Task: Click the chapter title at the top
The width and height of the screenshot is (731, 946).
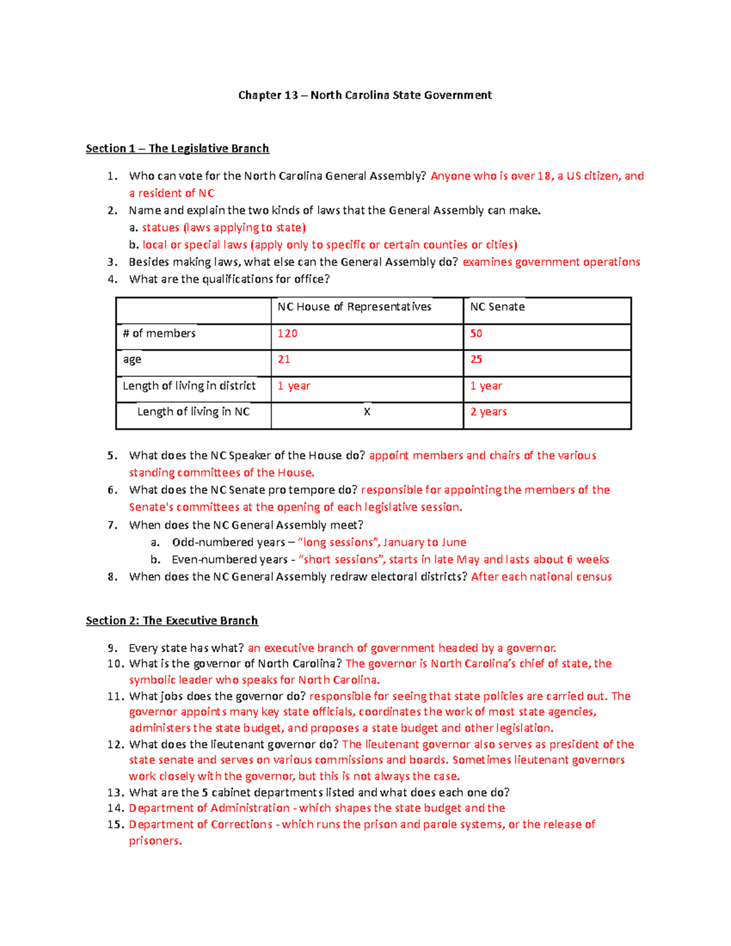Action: pyautogui.click(x=365, y=95)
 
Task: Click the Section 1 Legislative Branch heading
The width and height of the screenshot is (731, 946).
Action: pyautogui.click(x=177, y=149)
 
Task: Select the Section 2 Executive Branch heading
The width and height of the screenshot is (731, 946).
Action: pyautogui.click(x=172, y=621)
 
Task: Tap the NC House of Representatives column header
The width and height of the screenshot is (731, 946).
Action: pyautogui.click(x=354, y=307)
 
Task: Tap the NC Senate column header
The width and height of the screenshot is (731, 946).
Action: pyautogui.click(x=497, y=307)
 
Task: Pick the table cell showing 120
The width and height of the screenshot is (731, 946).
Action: pyautogui.click(x=288, y=334)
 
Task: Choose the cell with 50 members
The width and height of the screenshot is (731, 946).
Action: pyautogui.click(x=476, y=334)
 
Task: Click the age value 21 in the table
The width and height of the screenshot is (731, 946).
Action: pyautogui.click(x=284, y=359)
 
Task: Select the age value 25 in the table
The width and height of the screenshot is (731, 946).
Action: pyautogui.click(x=476, y=359)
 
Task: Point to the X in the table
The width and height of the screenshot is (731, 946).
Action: pyautogui.click(x=367, y=412)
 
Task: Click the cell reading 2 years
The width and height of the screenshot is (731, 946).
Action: pyautogui.click(x=489, y=412)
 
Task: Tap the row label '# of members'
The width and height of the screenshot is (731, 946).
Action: pyautogui.click(x=159, y=334)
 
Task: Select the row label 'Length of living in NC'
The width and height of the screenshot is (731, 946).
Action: pyautogui.click(x=193, y=412)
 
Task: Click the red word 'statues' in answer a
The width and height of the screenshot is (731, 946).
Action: pyautogui.click(x=160, y=228)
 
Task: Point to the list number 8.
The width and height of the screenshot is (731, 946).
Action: pyautogui.click(x=111, y=577)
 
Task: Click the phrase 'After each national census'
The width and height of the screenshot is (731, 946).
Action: pyautogui.click(x=541, y=577)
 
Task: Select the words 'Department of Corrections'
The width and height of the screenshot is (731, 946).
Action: pyautogui.click(x=200, y=825)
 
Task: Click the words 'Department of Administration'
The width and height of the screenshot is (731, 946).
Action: pyautogui.click(x=209, y=808)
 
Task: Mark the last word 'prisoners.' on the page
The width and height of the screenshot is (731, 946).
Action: pyautogui.click(x=155, y=841)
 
